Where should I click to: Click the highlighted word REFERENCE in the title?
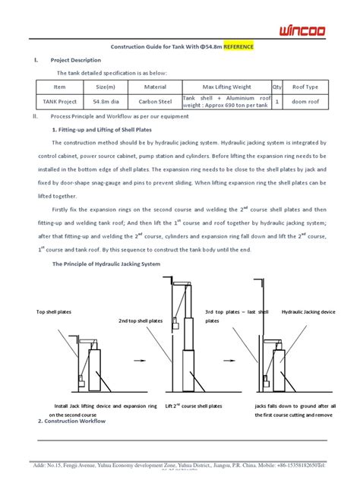click(x=234, y=46)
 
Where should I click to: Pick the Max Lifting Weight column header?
click(x=226, y=87)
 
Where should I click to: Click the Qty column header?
click(x=276, y=87)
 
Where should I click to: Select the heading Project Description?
click(x=75, y=60)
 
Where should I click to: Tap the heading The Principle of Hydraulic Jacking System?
click(x=106, y=264)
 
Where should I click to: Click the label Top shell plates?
click(x=54, y=312)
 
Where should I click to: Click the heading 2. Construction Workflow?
click(x=71, y=421)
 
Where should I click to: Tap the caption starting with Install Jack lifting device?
click(x=106, y=407)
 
